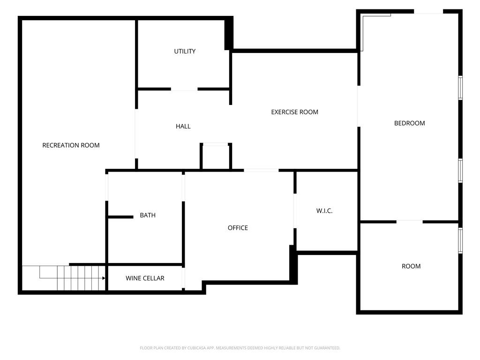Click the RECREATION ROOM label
[x=71, y=145]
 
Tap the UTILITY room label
[x=185, y=51]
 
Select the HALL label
[x=183, y=126]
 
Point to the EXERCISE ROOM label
[x=294, y=112]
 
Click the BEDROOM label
[x=409, y=123]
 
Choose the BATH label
[x=148, y=216]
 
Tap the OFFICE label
[x=238, y=228]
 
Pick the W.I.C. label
[x=324, y=211]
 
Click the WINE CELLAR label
[x=145, y=278]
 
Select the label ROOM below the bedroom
[x=411, y=266]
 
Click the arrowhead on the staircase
[x=103, y=278]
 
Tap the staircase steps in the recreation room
[x=80, y=278]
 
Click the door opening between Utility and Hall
[x=184, y=89]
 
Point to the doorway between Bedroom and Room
[x=409, y=221]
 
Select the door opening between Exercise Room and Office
[x=261, y=170]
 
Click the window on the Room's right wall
[x=460, y=240]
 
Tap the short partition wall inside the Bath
[x=121, y=217]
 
